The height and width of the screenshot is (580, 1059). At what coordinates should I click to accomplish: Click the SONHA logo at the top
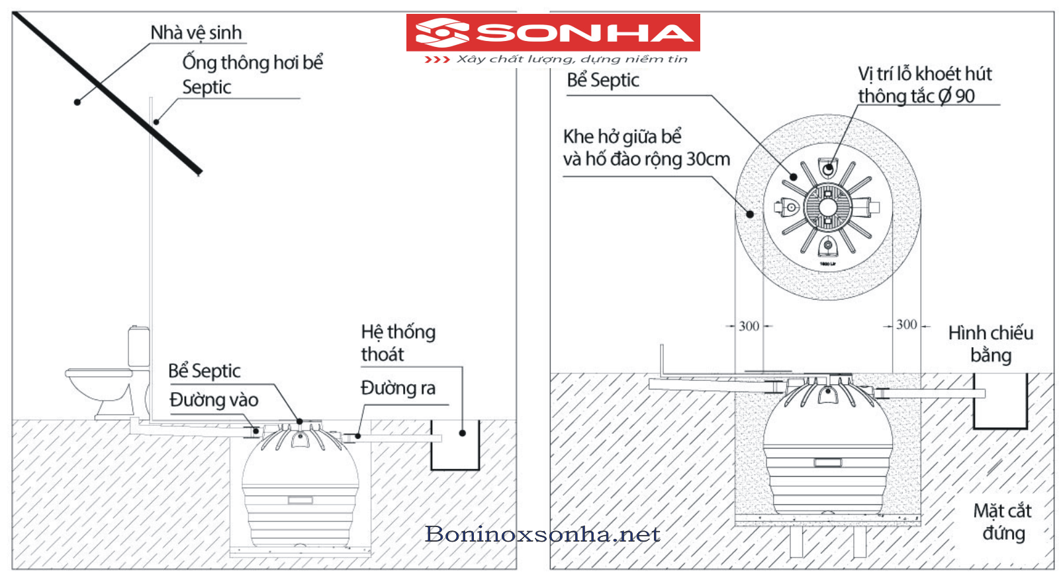(x=553, y=32)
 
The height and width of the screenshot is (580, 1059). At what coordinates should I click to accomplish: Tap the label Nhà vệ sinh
(x=196, y=32)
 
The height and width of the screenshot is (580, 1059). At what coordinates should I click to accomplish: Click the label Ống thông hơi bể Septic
(x=252, y=74)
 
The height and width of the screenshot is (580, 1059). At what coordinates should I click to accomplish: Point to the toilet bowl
(x=99, y=386)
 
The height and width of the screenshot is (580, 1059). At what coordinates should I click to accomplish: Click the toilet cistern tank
(x=139, y=346)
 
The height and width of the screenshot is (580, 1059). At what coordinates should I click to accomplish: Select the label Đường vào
(x=214, y=399)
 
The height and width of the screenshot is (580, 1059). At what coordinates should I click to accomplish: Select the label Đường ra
(x=398, y=388)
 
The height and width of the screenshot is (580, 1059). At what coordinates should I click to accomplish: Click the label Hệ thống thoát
(x=398, y=343)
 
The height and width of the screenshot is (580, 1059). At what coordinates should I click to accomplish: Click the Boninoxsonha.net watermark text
(x=543, y=534)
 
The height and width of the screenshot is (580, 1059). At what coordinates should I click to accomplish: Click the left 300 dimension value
(x=749, y=326)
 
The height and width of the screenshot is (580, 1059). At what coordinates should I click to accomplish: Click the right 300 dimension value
(x=906, y=325)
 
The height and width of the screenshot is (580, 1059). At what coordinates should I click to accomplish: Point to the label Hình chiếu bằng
(x=990, y=344)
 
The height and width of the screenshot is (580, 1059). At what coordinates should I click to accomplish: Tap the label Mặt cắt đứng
(x=1002, y=522)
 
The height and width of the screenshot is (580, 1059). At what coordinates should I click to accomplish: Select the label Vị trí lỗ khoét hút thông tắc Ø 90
(x=925, y=85)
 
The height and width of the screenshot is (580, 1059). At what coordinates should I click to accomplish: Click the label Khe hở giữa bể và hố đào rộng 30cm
(x=646, y=148)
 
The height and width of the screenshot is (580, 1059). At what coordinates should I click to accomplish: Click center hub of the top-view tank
(x=827, y=207)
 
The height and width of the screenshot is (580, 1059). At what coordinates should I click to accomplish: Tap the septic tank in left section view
(x=300, y=489)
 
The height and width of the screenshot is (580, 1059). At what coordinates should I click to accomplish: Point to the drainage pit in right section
(x=999, y=401)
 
